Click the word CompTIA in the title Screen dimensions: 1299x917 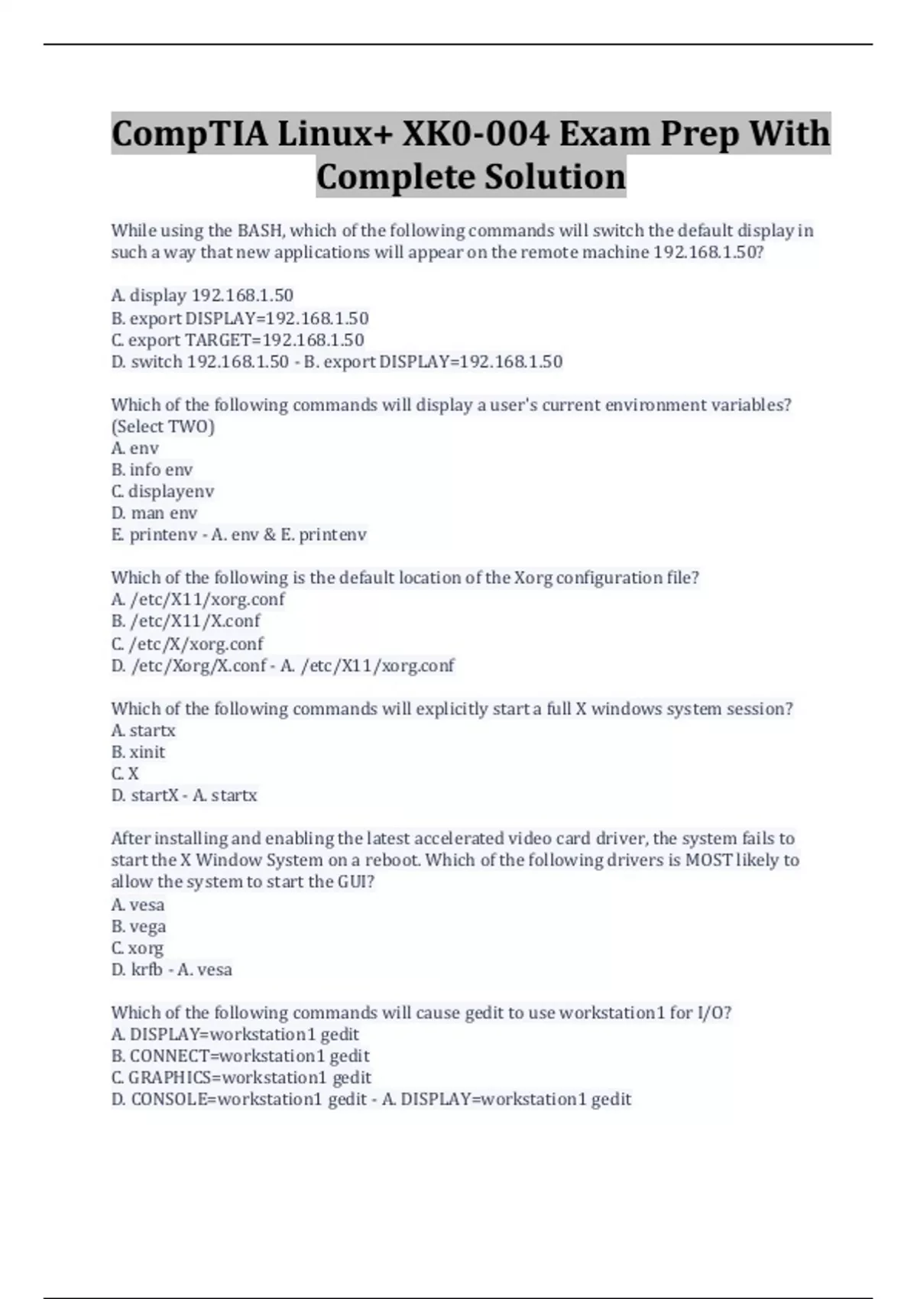(189, 134)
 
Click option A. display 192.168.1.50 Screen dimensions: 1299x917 (202, 296)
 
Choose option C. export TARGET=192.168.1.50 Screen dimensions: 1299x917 (237, 340)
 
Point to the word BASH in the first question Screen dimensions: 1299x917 (260, 231)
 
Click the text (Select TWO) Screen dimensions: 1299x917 (163, 426)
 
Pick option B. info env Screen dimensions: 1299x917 (151, 470)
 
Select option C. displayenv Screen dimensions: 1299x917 (162, 491)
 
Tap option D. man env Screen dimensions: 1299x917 (154, 513)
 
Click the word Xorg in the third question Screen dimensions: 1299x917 (533, 578)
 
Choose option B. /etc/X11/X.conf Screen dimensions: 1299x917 (185, 621)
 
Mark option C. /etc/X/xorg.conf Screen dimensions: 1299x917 (186, 643)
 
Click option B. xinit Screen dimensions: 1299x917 (138, 752)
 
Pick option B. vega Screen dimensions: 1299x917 (138, 926)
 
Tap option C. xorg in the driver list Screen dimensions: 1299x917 (137, 948)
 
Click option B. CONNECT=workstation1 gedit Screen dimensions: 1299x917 (240, 1056)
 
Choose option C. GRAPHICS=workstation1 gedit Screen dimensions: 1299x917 (241, 1077)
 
